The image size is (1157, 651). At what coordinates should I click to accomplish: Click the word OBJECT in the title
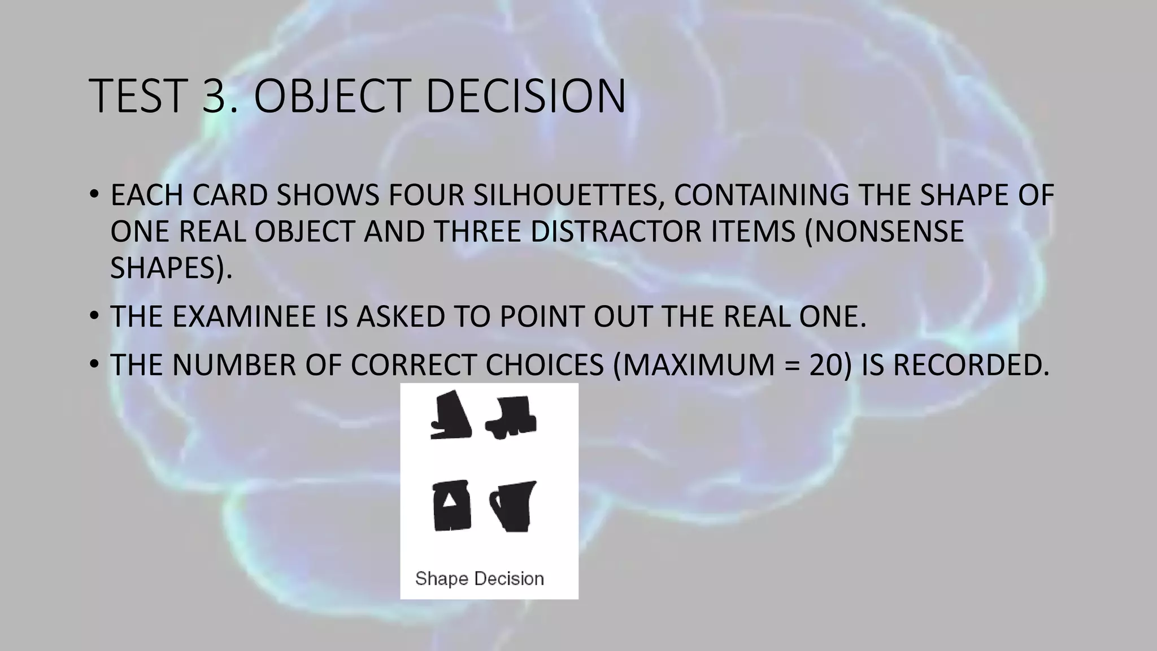click(x=332, y=96)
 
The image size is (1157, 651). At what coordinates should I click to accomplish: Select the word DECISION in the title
click(x=525, y=96)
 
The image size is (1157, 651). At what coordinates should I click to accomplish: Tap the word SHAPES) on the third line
click(x=171, y=268)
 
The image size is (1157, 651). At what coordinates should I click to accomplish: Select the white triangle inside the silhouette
click(x=450, y=501)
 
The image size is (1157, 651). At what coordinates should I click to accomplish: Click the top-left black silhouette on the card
click(x=451, y=415)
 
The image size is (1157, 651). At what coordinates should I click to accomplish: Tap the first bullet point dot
click(x=94, y=196)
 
